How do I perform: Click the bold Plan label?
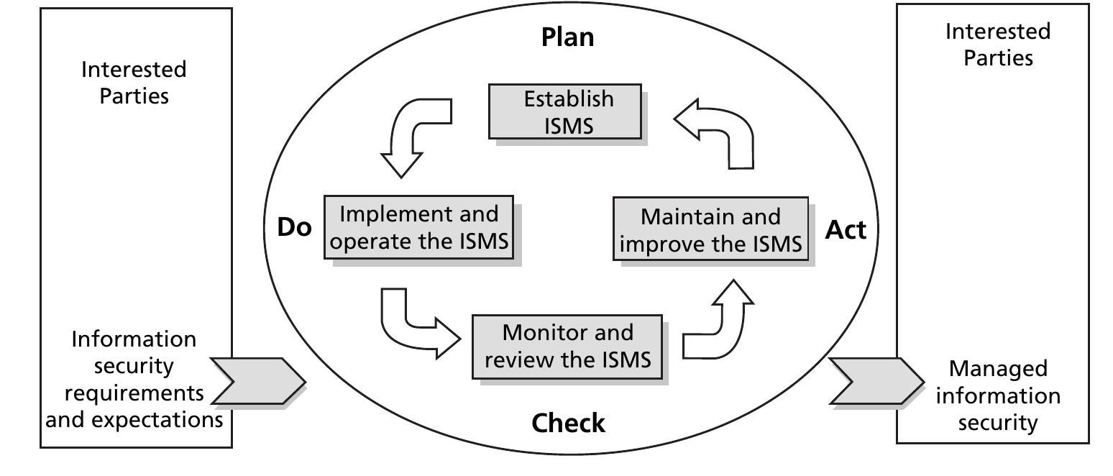(x=567, y=37)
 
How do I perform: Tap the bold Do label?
(x=294, y=228)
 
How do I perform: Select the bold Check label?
(x=568, y=424)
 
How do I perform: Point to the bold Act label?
(x=846, y=230)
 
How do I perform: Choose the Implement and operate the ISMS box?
(x=418, y=228)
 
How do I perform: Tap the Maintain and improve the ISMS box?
(x=710, y=229)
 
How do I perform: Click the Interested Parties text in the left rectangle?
(x=134, y=83)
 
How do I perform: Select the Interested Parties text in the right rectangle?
(x=997, y=45)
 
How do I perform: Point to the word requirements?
(x=134, y=393)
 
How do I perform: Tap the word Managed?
(x=997, y=369)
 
